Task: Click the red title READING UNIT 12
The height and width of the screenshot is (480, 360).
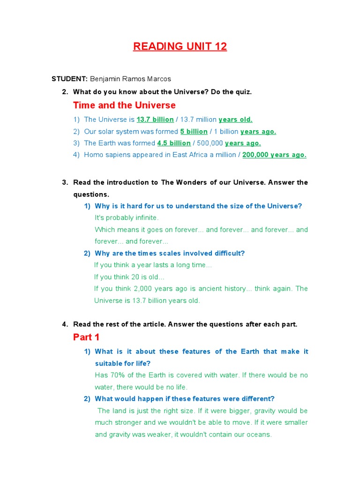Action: (x=180, y=46)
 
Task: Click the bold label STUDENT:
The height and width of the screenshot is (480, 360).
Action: (x=69, y=79)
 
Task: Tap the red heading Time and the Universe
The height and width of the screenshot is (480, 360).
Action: (x=124, y=105)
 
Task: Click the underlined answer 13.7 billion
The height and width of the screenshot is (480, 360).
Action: (x=155, y=120)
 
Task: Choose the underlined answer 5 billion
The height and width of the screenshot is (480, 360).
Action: (x=194, y=131)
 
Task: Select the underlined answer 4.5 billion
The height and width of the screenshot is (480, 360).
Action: (x=174, y=143)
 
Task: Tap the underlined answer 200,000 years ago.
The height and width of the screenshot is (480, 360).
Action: (x=274, y=155)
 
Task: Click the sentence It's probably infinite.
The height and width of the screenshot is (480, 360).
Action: (x=127, y=217)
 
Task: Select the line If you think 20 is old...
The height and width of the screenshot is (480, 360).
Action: (x=129, y=277)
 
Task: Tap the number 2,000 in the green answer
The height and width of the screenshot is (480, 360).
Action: (x=141, y=288)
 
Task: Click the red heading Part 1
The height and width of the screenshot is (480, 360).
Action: (x=86, y=337)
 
